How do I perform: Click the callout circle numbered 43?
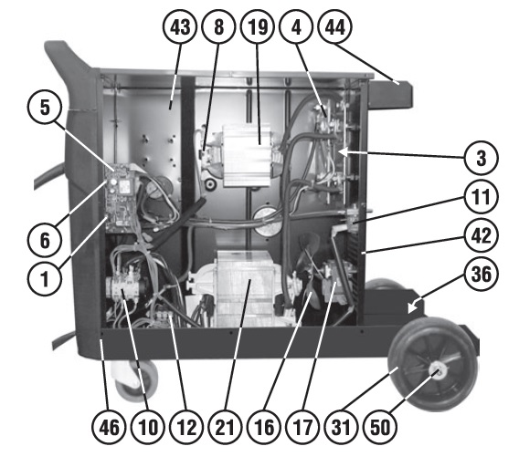180,26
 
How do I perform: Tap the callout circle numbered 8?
218,26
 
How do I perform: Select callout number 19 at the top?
258,26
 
